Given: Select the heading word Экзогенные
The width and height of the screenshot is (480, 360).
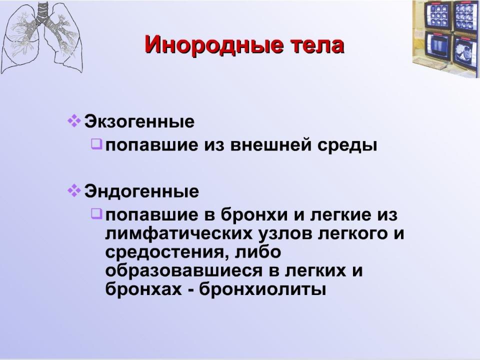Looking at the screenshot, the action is point(139,121).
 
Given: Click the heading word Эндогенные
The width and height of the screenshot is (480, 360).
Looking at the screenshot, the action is point(141,191).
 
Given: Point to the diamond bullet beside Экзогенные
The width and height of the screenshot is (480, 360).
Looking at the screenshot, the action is point(74,121).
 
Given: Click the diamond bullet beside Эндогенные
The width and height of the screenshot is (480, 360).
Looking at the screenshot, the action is point(74,190).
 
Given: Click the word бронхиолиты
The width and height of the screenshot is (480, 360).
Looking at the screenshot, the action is point(262,289).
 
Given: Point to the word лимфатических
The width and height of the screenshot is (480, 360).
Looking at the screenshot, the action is point(179,234).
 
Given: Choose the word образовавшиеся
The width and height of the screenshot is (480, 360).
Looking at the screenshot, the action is point(184,271).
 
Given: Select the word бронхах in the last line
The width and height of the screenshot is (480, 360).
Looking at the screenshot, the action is point(143,289).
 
